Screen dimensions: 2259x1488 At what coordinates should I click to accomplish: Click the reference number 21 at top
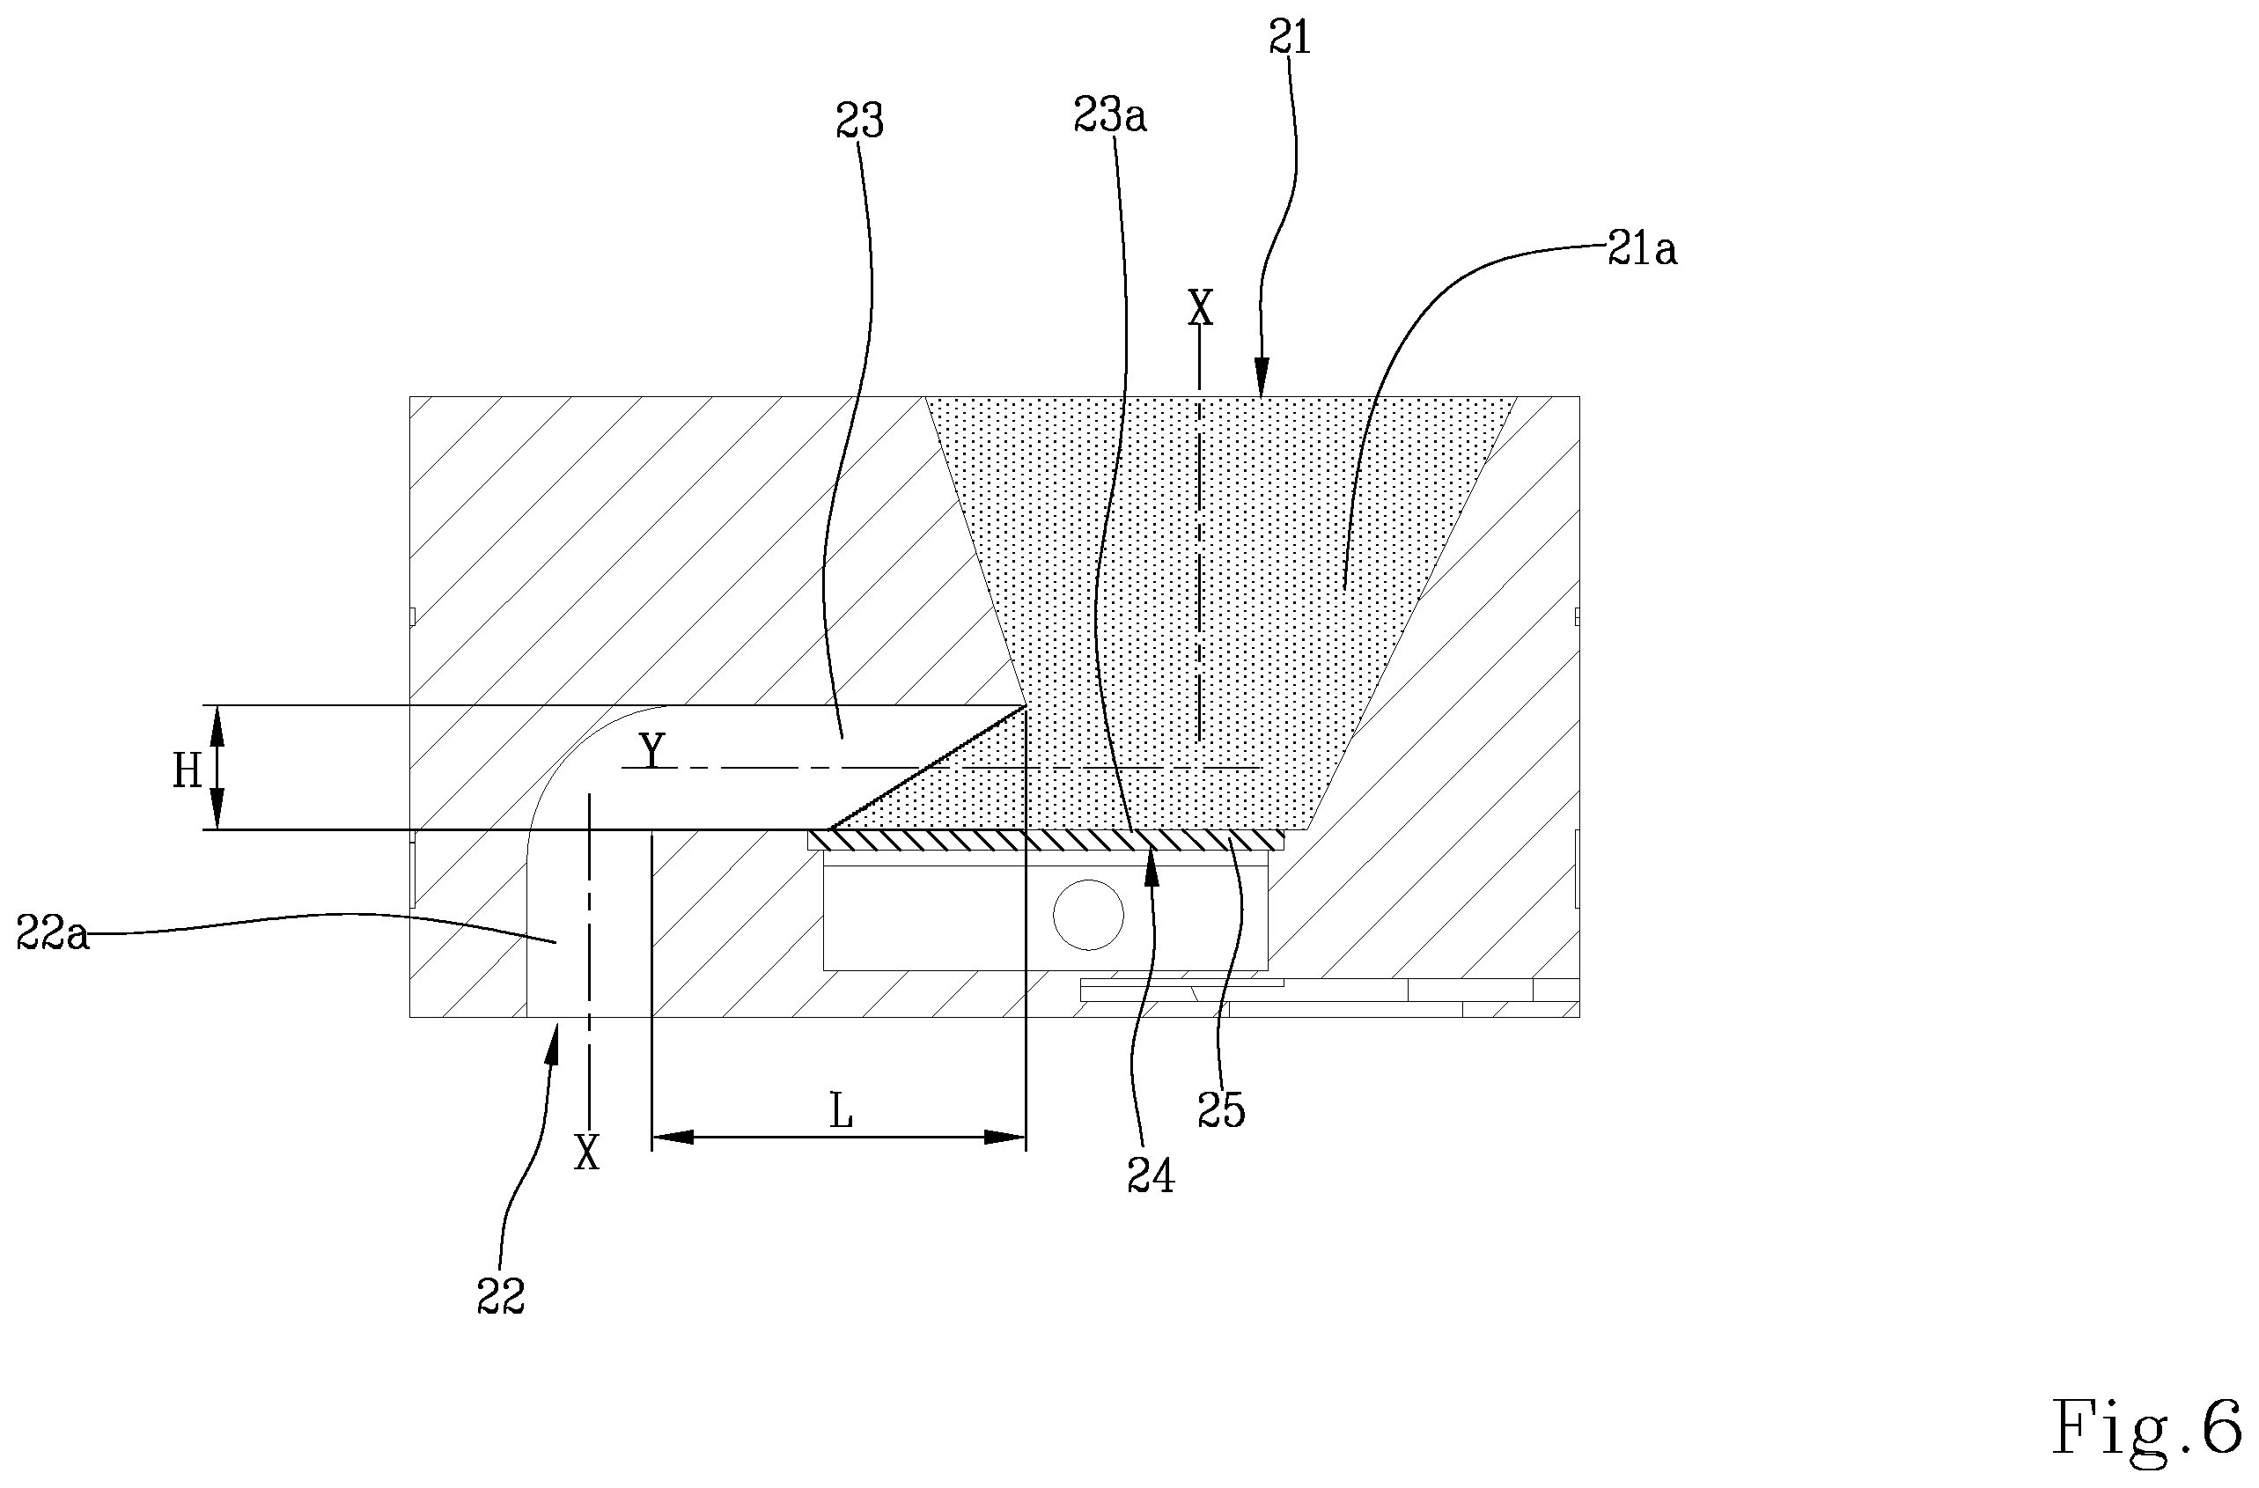[1289, 38]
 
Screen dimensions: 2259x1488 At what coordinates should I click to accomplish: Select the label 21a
[1642, 250]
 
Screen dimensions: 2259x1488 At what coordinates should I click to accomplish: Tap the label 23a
[1109, 116]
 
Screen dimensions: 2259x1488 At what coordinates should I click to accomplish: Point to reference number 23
[859, 122]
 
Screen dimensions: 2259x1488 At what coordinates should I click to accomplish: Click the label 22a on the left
[53, 934]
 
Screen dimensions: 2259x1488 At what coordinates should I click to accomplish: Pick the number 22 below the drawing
[500, 1295]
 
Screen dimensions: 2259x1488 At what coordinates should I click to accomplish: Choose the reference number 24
[1151, 1177]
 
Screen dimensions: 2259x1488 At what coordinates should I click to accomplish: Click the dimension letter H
[187, 772]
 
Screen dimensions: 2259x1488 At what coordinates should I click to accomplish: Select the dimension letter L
[841, 1111]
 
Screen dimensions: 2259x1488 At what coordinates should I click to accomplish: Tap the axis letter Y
[652, 751]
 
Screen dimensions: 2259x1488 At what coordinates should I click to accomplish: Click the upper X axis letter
[1201, 307]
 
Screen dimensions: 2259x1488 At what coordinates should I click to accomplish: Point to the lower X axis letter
[587, 1153]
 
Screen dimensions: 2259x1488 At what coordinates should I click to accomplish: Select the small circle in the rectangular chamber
[1089, 915]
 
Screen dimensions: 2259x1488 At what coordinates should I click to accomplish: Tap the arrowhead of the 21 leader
[1262, 376]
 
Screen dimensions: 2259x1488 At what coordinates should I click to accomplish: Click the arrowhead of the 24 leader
[1152, 867]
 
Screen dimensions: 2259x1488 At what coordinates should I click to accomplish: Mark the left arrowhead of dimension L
[672, 1137]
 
